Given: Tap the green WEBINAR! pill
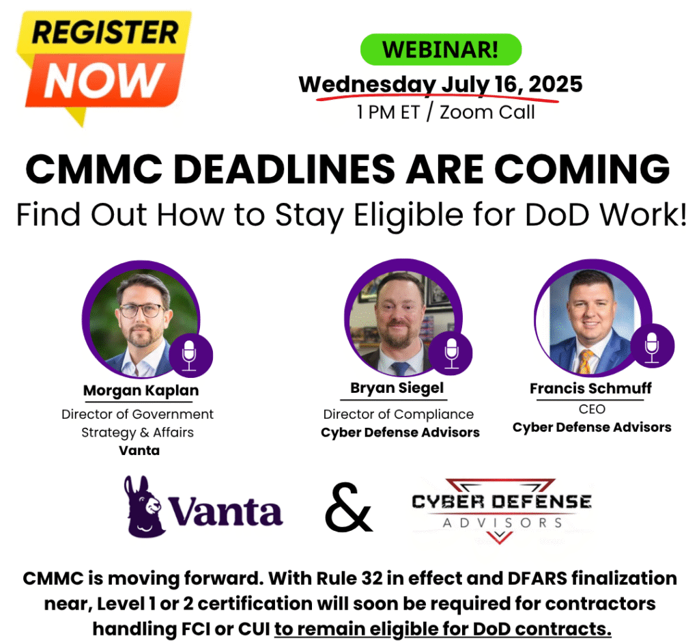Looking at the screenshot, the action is (x=440, y=49).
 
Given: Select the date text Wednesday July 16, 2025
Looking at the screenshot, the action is (x=440, y=84).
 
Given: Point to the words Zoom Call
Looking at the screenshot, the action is (x=487, y=112).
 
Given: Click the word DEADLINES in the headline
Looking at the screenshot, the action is (x=284, y=169).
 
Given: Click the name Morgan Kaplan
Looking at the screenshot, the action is (x=141, y=390).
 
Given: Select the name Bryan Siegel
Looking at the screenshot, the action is (x=397, y=388).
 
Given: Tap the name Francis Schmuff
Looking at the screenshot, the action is (x=590, y=388).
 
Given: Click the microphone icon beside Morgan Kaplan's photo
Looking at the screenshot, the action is (x=190, y=355).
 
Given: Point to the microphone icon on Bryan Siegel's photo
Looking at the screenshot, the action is (x=452, y=353).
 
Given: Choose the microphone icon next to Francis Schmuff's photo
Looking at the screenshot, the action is (x=652, y=346).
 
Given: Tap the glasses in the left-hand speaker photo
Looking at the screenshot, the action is (x=141, y=310).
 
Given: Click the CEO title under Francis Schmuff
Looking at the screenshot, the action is (x=592, y=409).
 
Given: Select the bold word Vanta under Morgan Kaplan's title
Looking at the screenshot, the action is (x=139, y=450).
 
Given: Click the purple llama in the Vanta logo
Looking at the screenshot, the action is (x=143, y=506).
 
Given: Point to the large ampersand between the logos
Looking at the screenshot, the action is (x=348, y=508).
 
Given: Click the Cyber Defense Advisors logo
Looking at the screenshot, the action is (x=502, y=511).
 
